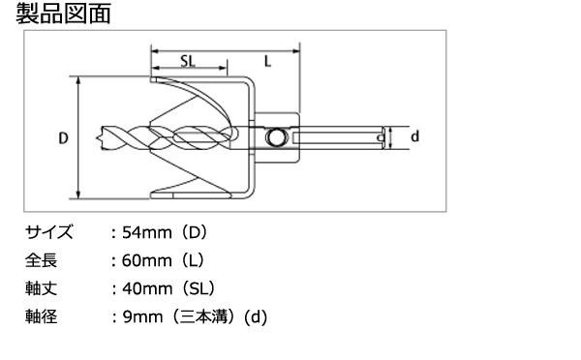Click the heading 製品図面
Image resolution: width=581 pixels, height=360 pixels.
(x=63, y=15)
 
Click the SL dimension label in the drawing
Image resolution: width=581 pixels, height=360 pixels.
(x=188, y=61)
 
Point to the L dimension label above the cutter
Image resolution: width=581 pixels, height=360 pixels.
(x=267, y=61)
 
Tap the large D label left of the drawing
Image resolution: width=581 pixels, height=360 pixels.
(x=63, y=138)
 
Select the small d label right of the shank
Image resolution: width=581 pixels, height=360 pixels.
(x=414, y=136)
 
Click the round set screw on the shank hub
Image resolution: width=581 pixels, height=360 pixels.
(x=275, y=137)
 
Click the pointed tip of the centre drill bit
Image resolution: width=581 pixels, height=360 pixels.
(x=97, y=138)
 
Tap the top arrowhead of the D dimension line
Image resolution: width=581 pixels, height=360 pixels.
(x=78, y=79)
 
